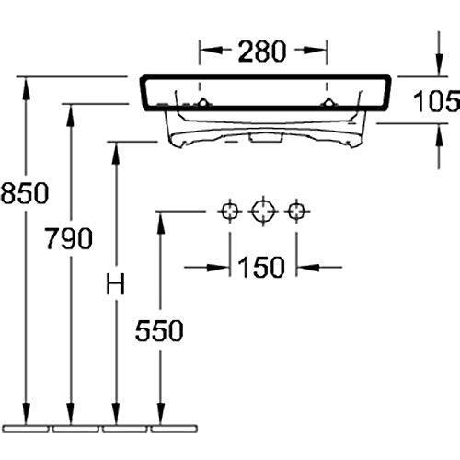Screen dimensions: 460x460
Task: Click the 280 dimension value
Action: pos(262,52)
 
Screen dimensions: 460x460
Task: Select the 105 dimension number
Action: pos(437,100)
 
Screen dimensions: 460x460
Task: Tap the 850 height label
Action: pos(25,193)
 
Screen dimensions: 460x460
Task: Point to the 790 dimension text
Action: pos(69,238)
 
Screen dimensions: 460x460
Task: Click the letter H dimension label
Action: pos(115,283)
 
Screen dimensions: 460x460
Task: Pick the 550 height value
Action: pos(159,330)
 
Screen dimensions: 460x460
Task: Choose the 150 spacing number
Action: pos(261,267)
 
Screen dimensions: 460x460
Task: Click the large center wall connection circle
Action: pos(262,212)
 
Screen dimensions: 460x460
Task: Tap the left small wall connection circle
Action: pos(230,212)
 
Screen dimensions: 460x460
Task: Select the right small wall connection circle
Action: pos(296,212)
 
